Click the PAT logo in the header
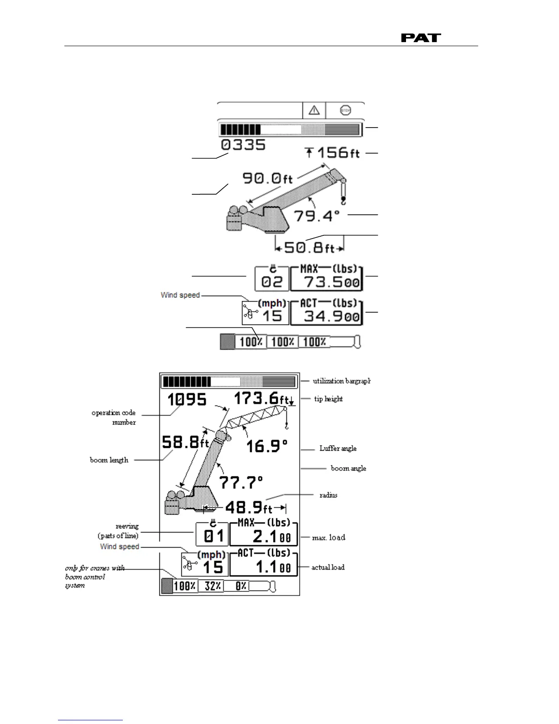[x=421, y=38]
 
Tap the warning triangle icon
[x=314, y=110]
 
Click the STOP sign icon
[x=345, y=110]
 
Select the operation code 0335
[x=243, y=145]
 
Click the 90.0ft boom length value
[x=267, y=177]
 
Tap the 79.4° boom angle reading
[x=316, y=215]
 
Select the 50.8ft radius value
[x=309, y=247]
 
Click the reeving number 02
[x=272, y=282]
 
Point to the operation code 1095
[x=187, y=399]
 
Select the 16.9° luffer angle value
[x=267, y=446]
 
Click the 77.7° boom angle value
[x=241, y=482]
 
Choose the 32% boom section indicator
[x=213, y=586]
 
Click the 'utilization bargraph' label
[x=341, y=381]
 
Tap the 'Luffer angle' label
[x=338, y=448]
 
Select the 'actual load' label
[x=328, y=567]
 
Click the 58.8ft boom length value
[x=185, y=442]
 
